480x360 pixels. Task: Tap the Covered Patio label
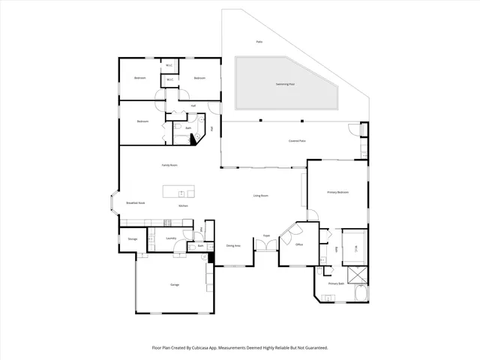pos(297,141)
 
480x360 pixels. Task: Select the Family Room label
pos(169,164)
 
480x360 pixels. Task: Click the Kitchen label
pos(182,205)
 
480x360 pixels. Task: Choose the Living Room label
pos(260,196)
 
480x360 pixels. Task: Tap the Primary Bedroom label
pos(337,193)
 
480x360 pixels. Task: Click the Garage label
pos(174,285)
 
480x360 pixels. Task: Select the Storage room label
pos(132,238)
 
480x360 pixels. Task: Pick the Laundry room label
pos(171,238)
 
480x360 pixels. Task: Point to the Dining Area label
pos(233,245)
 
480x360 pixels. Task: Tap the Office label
pos(298,244)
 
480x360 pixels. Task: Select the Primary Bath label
pos(336,283)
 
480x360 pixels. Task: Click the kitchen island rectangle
pos(179,190)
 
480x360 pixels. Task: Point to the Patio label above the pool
pos(259,42)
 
